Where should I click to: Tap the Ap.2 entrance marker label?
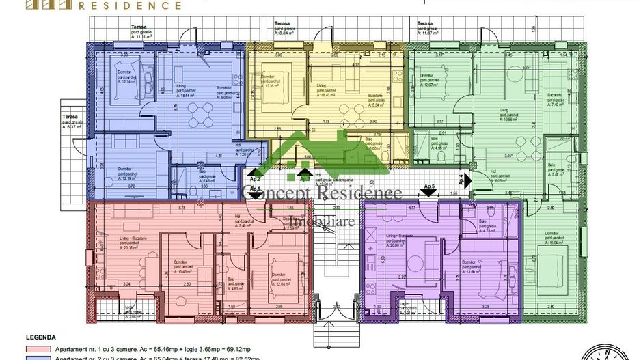tap(255, 176)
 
